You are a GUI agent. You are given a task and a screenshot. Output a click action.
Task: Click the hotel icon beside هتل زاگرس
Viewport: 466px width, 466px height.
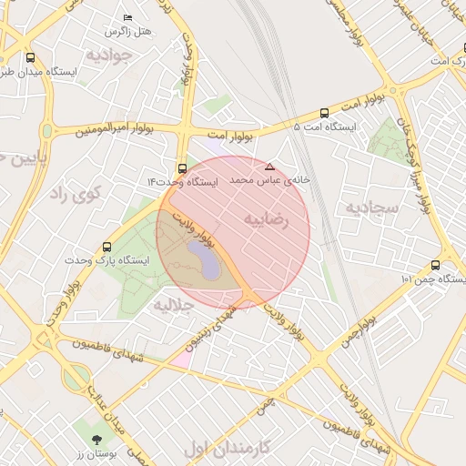click(x=127, y=18)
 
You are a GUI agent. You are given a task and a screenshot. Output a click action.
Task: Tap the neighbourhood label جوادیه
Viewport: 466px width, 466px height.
click(x=111, y=56)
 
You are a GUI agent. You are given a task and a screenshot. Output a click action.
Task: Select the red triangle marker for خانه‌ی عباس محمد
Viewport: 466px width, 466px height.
click(x=268, y=167)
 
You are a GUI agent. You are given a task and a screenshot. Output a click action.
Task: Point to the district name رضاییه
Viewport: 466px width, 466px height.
click(x=266, y=220)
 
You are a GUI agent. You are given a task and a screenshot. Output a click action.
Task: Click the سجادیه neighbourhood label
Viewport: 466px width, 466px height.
click(x=371, y=208)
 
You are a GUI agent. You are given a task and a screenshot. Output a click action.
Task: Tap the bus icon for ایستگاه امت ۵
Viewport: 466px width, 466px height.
click(x=325, y=113)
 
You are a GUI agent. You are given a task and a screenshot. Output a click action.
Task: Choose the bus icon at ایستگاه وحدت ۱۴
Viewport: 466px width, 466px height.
click(x=183, y=168)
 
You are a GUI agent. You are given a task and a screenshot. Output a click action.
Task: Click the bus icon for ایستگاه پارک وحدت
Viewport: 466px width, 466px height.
click(x=109, y=247)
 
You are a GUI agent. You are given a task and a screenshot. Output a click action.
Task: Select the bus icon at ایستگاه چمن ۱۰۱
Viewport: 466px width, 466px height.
click(x=435, y=265)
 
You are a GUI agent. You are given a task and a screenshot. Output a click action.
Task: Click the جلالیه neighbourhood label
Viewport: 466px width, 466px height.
click(x=175, y=303)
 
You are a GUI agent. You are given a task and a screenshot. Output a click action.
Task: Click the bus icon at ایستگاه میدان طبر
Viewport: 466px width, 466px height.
click(x=31, y=56)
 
